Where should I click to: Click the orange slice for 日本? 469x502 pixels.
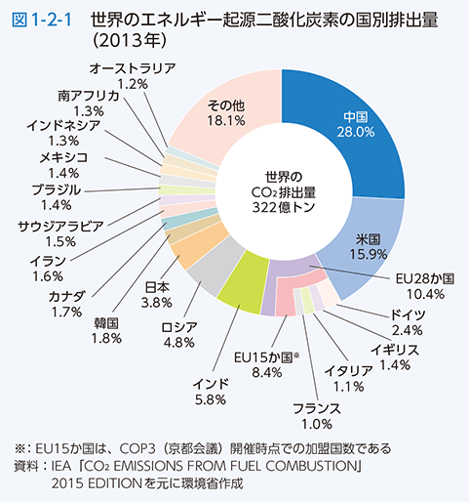187,246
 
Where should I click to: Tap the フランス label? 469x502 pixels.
317,407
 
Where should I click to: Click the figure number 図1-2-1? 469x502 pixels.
43,19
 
